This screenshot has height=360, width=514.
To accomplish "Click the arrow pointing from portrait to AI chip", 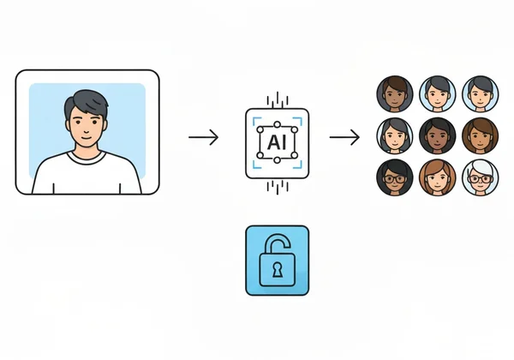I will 203,137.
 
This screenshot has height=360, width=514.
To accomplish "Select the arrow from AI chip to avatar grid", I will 344,137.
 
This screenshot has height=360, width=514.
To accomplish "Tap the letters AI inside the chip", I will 277,138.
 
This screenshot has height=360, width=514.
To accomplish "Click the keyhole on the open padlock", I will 277,270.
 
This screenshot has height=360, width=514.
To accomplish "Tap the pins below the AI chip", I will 277,185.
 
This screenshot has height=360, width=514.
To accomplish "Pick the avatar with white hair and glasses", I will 479,177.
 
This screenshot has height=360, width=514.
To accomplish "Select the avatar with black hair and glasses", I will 394,177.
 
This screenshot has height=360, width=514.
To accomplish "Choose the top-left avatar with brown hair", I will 394,93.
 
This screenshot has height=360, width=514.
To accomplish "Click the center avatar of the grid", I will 437,135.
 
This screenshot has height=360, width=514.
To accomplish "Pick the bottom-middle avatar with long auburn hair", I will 437,177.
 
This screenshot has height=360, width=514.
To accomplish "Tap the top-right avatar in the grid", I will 479,93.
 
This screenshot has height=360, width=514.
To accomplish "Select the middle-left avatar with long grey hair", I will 394,135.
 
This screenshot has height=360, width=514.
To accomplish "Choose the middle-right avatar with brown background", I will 479,135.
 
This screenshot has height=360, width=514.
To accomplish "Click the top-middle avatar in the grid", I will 437,93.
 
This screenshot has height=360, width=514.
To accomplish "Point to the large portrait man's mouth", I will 86,138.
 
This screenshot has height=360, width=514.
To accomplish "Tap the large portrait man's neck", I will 87,152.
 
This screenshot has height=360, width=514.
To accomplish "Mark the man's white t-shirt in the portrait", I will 87,176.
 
